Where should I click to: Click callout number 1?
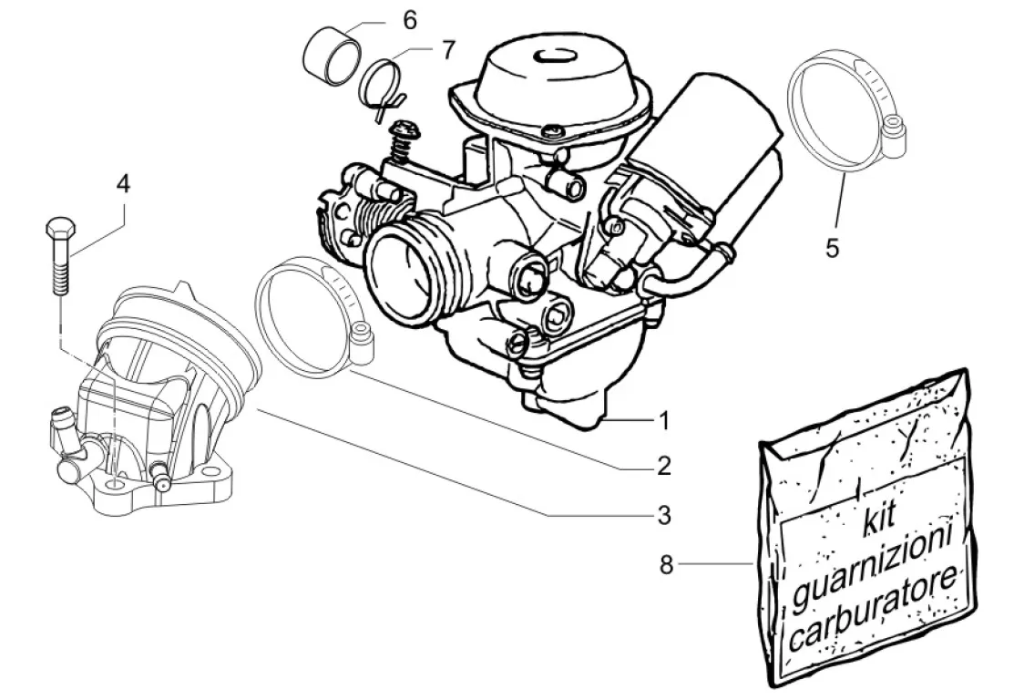(664, 421)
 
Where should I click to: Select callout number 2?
(664, 466)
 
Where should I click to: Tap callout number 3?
(664, 515)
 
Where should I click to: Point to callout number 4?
(123, 184)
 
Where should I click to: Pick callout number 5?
(832, 248)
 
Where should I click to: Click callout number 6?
(409, 20)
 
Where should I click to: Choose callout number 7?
(447, 50)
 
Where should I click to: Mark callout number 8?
(666, 565)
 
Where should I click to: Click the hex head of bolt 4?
(61, 229)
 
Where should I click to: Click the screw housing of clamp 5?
(893, 134)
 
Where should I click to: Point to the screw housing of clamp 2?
(360, 342)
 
